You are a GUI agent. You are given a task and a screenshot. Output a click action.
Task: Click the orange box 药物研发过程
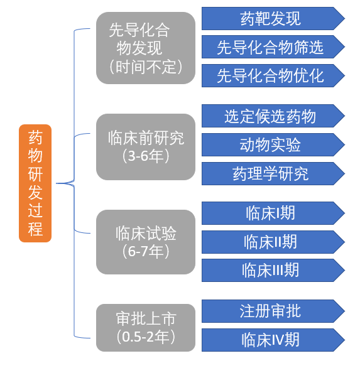35,183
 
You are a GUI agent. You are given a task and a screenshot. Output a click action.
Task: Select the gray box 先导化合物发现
146,48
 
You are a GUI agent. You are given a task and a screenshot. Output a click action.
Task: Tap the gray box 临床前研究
146,147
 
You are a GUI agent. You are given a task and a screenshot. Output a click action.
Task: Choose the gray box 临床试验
146,242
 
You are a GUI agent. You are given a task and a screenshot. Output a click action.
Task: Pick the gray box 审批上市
146,328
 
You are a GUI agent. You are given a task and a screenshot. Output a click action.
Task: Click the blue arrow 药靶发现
273,19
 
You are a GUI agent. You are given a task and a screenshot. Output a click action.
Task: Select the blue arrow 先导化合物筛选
273,47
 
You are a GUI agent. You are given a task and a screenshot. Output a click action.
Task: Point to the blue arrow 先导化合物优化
273,75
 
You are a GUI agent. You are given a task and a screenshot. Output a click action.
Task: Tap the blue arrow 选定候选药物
273,116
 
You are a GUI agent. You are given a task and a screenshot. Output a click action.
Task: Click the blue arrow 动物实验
273,144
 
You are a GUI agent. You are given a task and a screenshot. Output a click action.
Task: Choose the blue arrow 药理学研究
273,173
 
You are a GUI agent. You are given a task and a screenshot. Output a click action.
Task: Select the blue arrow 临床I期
273,213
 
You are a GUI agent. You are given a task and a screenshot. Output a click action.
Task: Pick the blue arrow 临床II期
273,242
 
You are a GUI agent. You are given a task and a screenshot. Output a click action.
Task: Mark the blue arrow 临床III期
273,271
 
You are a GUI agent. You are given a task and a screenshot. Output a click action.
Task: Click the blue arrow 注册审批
273,311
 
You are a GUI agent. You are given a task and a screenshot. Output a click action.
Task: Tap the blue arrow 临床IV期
273,340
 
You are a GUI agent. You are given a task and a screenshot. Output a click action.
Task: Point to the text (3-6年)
146,156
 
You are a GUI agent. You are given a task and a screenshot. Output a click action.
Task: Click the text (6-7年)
146,251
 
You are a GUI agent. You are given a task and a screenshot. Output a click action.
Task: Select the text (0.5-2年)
146,337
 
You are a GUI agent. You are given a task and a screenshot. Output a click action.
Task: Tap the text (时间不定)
146,67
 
